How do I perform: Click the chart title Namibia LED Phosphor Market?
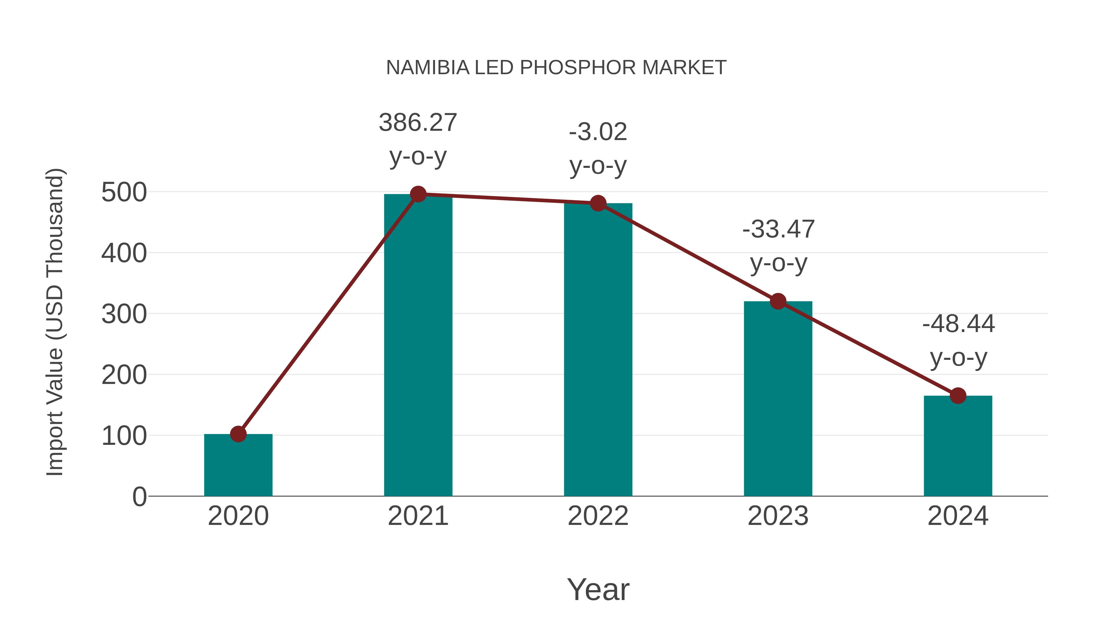pos(556,68)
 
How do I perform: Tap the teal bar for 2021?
pos(418,346)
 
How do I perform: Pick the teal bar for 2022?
pos(598,350)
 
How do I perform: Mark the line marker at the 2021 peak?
pos(418,194)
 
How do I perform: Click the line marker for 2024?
pos(958,395)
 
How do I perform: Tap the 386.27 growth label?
pos(418,123)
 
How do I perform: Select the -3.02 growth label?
pos(598,132)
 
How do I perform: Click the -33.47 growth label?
pos(778,229)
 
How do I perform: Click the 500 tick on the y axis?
pos(124,192)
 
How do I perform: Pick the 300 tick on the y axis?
pos(124,314)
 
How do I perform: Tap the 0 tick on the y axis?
pos(139,497)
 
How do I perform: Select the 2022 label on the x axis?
pos(598,516)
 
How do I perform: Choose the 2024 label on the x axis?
pos(958,516)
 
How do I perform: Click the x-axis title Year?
pos(598,590)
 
